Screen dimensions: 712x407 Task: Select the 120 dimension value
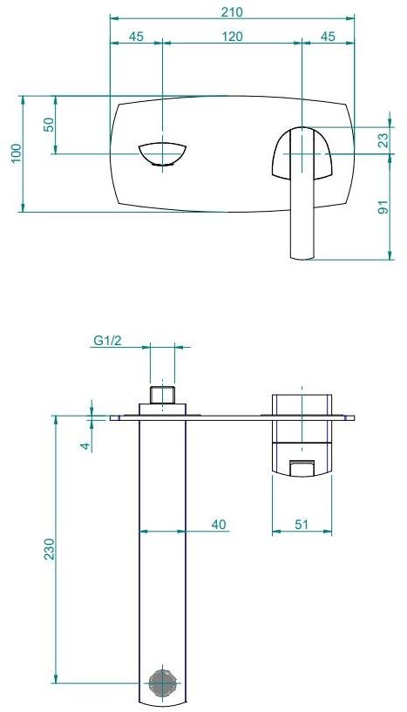click(232, 37)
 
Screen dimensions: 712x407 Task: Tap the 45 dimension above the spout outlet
click(137, 37)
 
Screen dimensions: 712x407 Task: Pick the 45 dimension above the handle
click(328, 37)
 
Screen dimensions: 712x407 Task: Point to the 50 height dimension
click(49, 125)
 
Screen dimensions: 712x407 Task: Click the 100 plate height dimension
click(15, 153)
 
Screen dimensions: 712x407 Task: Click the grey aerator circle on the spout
click(162, 683)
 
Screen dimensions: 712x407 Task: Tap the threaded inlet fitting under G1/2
click(163, 396)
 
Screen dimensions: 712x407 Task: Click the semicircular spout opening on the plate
click(163, 153)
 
